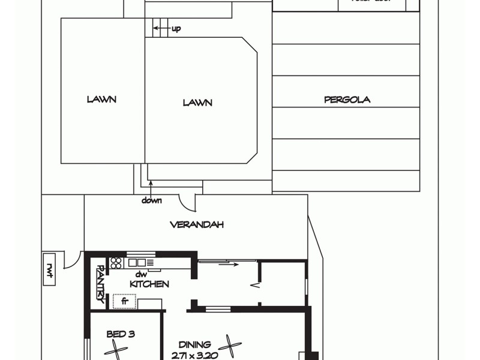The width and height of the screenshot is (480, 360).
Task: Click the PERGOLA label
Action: tap(347, 100)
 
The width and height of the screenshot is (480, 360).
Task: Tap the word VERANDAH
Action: tap(197, 225)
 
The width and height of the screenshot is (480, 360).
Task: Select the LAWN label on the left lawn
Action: tap(101, 100)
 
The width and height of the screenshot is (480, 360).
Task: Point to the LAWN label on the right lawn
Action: tap(197, 103)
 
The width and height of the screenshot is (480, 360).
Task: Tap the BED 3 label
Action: tap(120, 334)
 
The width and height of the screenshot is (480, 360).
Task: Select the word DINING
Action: tap(194, 344)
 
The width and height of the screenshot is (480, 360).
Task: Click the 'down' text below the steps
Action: tap(152, 200)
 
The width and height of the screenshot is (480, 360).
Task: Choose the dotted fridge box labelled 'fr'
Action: tap(125, 301)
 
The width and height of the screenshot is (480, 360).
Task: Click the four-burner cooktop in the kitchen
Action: tap(116, 262)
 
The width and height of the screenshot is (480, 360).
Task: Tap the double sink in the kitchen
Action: tap(136, 262)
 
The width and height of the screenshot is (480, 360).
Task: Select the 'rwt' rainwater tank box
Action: tap(50, 271)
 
